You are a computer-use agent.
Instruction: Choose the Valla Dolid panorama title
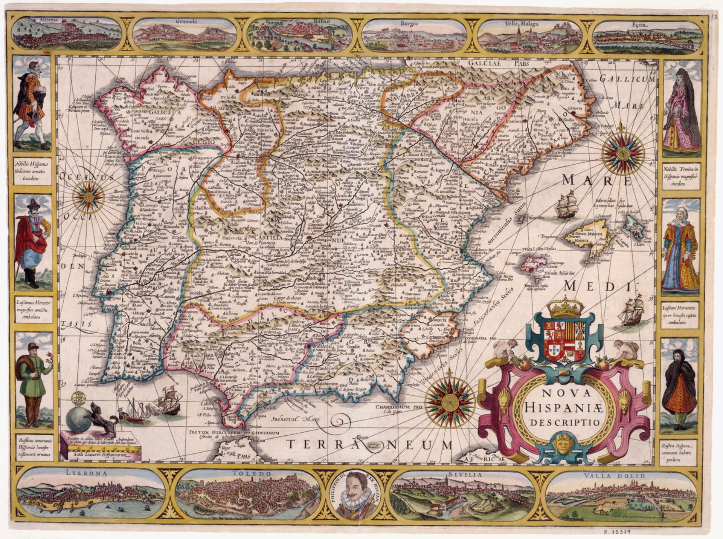[x=614, y=476]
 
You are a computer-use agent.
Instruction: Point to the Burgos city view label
[x=409, y=23]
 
